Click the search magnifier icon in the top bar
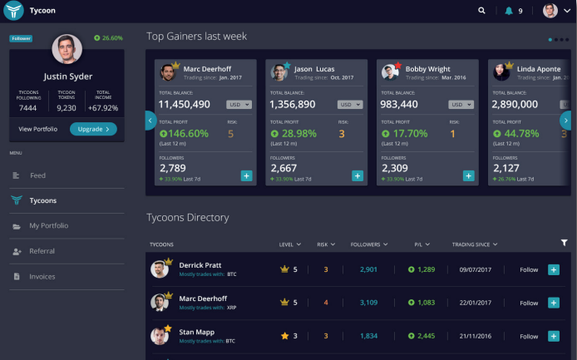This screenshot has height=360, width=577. click(481, 11)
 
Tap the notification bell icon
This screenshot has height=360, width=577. click(509, 11)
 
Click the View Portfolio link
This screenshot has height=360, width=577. click(37, 129)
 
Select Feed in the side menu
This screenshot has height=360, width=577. click(37, 175)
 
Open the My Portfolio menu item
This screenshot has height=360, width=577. click(48, 225)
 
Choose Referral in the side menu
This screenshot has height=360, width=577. click(42, 251)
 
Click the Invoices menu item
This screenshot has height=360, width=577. click(42, 276)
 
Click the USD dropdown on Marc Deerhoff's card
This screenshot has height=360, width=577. click(239, 105)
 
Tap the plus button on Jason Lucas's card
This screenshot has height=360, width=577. click(358, 175)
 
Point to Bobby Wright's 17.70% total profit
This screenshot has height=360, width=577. click(405, 133)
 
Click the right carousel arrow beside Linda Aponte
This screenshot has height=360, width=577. click(565, 121)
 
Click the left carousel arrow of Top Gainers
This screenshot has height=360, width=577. click(150, 121)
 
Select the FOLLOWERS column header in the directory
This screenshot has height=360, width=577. click(369, 244)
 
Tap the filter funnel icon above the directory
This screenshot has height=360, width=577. click(565, 243)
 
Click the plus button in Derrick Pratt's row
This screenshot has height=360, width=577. click(554, 269)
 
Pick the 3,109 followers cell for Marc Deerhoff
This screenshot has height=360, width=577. click(368, 303)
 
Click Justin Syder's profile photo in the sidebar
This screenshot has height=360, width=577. click(67, 49)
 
